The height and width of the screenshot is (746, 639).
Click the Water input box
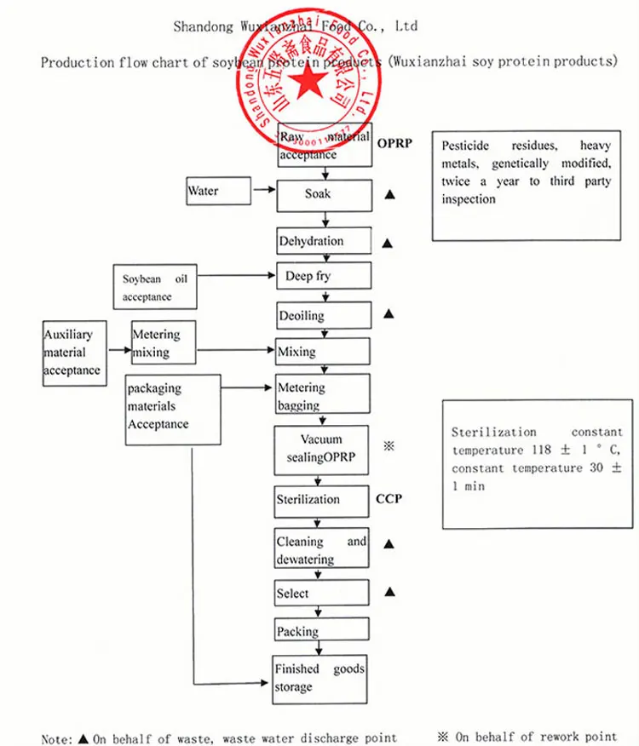[x=219, y=192]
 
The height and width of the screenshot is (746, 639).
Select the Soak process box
[x=325, y=195]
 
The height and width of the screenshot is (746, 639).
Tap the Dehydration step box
[x=324, y=241]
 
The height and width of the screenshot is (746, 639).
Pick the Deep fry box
[x=324, y=277]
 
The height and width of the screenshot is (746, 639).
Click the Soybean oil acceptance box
[x=155, y=287]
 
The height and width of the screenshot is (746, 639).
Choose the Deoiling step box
[x=324, y=316]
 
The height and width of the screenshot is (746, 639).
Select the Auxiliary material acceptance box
[x=73, y=353]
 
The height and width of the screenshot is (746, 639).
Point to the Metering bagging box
[x=323, y=395]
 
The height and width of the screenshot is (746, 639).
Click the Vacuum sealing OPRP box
[x=321, y=449]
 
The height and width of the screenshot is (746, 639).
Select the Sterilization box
[x=321, y=500]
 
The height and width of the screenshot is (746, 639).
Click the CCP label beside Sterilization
[x=389, y=499]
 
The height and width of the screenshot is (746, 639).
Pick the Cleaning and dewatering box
[x=321, y=550]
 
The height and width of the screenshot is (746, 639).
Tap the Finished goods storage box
[x=319, y=679]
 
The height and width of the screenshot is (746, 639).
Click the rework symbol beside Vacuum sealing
[x=389, y=445]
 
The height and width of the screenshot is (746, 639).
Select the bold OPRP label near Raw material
[x=394, y=143]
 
